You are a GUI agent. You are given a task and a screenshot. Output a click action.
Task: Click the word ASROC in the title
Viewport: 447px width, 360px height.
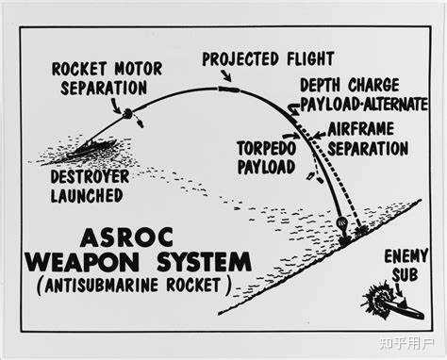(x=126, y=237)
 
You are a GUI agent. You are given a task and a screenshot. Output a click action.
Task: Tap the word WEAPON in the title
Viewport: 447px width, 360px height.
(x=82, y=262)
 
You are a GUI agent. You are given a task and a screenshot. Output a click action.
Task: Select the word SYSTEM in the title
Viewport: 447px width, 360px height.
(x=204, y=262)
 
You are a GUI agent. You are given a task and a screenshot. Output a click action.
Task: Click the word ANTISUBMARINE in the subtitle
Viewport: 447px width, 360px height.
(x=101, y=286)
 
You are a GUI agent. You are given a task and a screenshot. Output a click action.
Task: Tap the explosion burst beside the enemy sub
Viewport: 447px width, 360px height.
(x=376, y=299)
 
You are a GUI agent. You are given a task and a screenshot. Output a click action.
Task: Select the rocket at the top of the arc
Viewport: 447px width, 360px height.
(x=228, y=90)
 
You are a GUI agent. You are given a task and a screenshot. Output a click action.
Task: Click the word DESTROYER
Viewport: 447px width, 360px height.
(x=90, y=177)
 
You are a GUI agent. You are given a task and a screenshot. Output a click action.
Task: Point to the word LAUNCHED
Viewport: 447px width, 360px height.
(x=87, y=196)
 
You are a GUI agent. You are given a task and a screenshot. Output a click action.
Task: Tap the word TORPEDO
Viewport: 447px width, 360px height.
(x=267, y=149)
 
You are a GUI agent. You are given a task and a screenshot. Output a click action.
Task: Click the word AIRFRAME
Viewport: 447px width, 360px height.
(x=360, y=129)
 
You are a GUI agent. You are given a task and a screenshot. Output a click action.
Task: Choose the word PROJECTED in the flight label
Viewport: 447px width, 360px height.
(x=240, y=59)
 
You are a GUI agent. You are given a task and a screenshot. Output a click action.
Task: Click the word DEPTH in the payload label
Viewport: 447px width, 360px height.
(x=320, y=85)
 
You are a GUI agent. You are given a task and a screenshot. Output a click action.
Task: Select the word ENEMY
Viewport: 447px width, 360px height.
(x=406, y=256)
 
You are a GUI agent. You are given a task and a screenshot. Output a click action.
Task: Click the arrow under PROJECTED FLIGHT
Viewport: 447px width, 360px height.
(x=226, y=75)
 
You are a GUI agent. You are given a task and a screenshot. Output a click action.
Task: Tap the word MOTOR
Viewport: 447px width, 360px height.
(x=139, y=69)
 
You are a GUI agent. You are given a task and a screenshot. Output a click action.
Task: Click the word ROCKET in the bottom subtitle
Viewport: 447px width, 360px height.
(x=193, y=286)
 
